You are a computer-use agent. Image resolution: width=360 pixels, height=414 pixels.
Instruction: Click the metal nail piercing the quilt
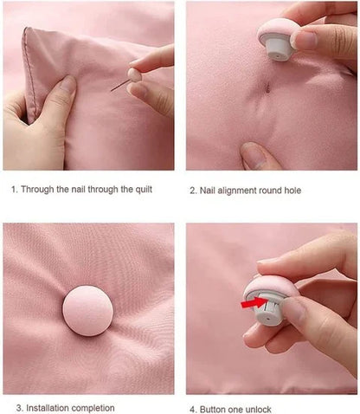coord(120,87)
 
